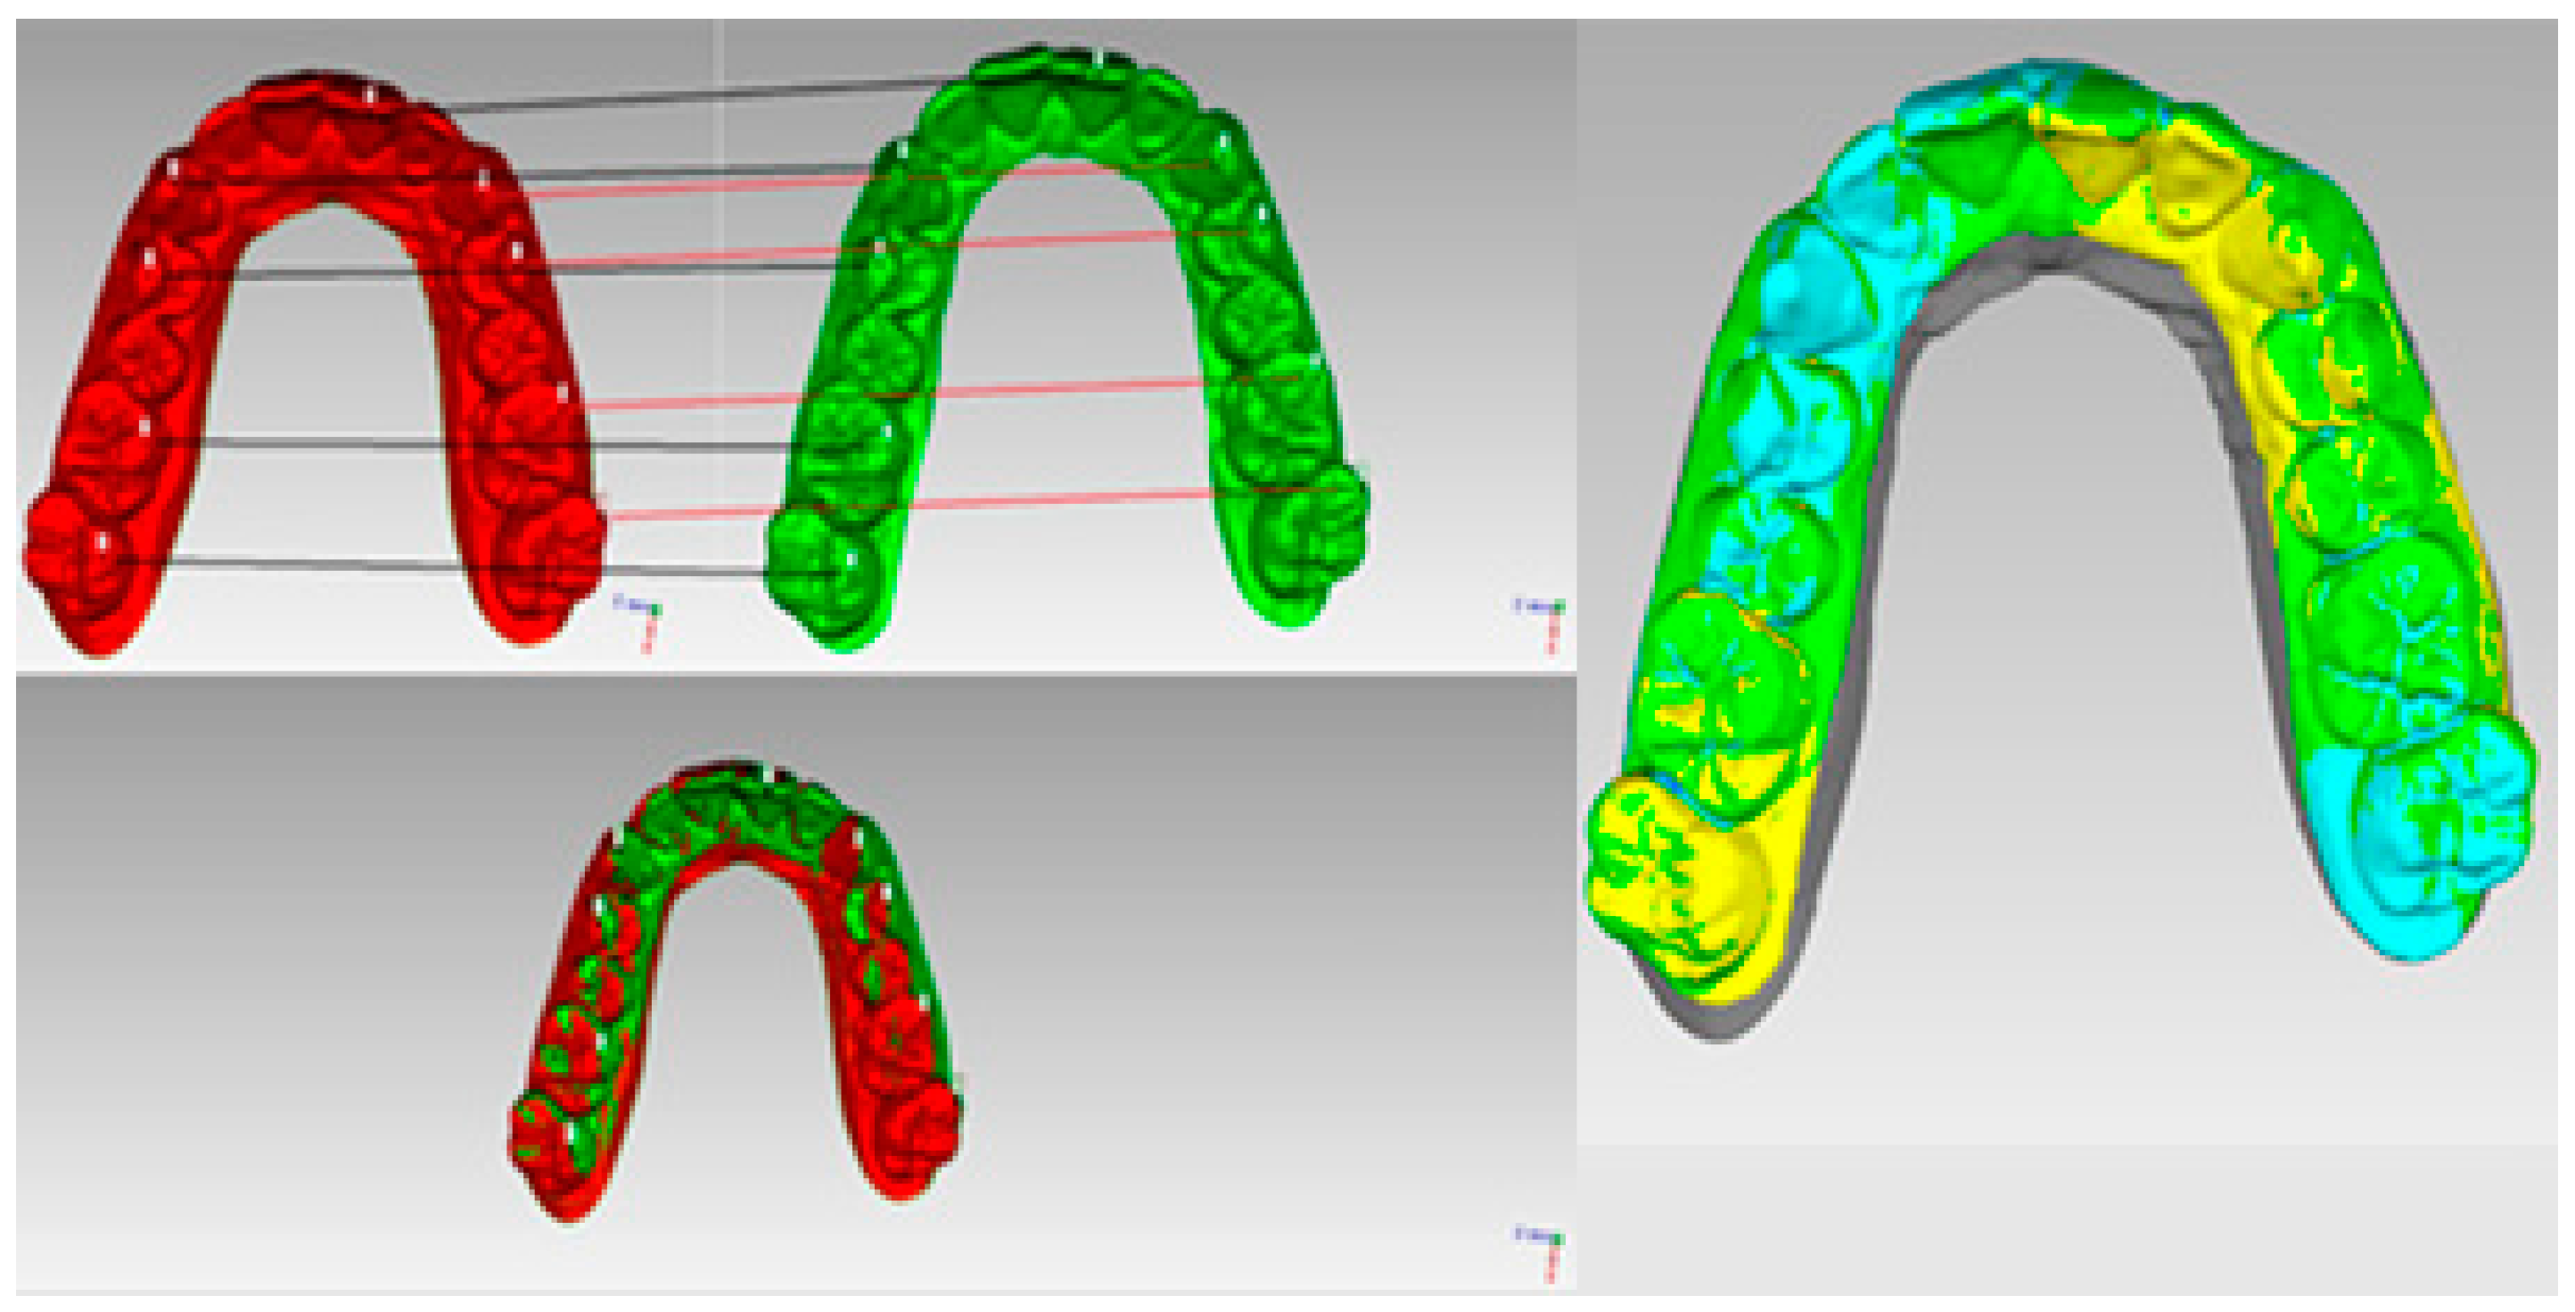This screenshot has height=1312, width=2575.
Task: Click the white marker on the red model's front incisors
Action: [x=371, y=96]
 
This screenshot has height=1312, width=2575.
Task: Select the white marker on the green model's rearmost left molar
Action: [x=851, y=560]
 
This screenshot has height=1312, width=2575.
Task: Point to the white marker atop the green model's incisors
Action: [x=1098, y=58]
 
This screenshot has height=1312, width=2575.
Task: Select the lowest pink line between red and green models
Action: [x=900, y=505]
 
